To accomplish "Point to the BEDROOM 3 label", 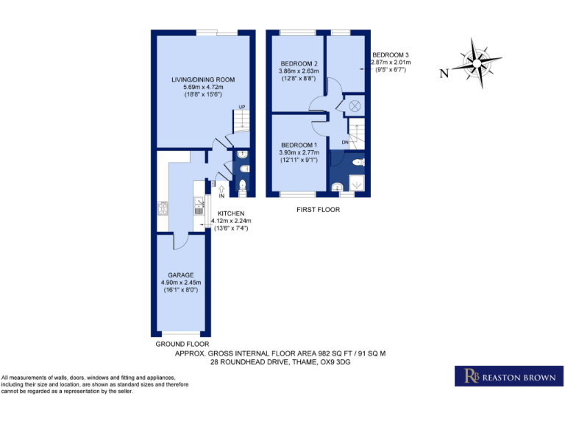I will click(390, 55).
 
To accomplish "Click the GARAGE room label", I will click(180, 275).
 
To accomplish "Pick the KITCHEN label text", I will click(230, 213).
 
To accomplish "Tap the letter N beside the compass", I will click(443, 73).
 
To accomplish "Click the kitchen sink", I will click(199, 211).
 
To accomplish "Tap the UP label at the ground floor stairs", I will click(241, 107).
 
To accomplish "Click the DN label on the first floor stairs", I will click(344, 141).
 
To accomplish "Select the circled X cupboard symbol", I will click(355, 105).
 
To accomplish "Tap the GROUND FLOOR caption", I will click(182, 344).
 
